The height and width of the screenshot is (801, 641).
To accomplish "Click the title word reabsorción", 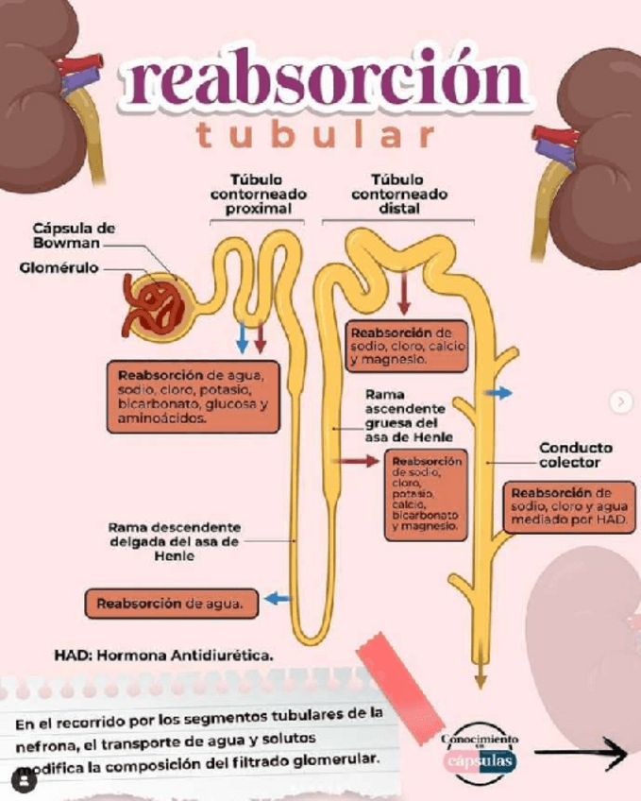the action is [x=321, y=81].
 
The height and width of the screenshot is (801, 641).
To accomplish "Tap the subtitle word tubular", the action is [x=315, y=135].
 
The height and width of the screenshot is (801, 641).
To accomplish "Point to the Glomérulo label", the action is [x=59, y=268].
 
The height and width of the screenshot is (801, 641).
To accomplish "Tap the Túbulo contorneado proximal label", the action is [x=257, y=193].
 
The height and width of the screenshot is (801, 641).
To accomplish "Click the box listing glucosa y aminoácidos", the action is [x=193, y=396].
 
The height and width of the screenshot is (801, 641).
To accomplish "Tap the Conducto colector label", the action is [x=575, y=455].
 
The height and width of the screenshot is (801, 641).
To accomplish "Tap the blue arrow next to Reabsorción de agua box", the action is [x=277, y=599].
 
